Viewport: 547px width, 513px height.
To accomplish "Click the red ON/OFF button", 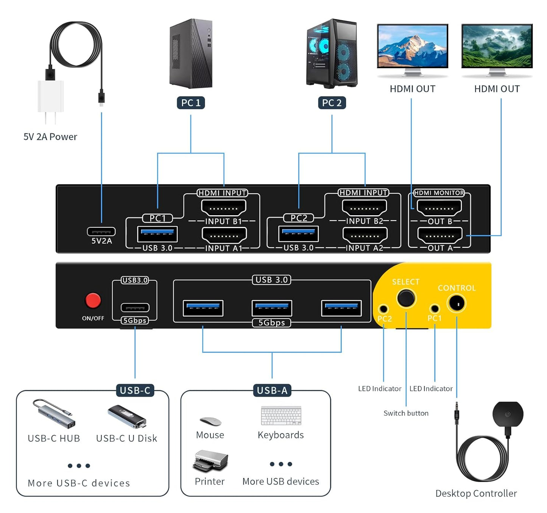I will point(93,300).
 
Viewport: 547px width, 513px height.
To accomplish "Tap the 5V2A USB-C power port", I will point(101,231).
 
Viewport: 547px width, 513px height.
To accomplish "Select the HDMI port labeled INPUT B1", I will point(224,208).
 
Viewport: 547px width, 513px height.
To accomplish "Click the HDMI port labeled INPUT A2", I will point(365,235).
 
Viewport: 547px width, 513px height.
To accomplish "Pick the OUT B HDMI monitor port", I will point(439,208).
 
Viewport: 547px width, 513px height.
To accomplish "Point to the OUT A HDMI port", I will point(439,235).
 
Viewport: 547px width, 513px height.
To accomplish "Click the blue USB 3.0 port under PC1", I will point(157,233).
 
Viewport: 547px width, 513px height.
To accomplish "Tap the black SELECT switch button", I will point(406,298).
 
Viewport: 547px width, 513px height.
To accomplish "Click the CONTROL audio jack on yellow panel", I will point(457,304).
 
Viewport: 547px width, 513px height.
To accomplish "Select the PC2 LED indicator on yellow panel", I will point(383,309).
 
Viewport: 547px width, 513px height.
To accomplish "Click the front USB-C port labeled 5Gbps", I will point(135,307).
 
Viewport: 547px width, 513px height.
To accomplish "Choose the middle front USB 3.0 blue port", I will point(272,308).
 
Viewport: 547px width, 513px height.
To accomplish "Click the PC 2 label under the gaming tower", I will point(332,103).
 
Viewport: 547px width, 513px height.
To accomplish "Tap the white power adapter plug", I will point(50,97).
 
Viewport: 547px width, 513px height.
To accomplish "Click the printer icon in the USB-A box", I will point(210,460).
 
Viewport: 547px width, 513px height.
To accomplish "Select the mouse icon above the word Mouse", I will point(210,421).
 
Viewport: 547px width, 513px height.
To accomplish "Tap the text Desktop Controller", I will point(476,493).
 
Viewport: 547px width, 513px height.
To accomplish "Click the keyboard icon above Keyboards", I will point(281,416).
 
